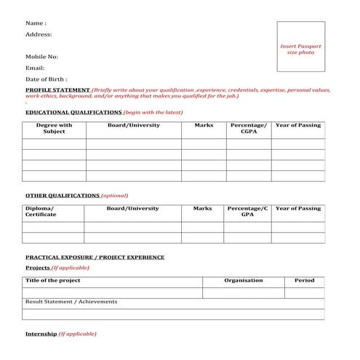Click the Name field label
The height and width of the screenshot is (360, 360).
36,23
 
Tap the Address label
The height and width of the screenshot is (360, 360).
39,34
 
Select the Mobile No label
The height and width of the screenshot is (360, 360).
41,56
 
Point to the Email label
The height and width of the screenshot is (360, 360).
35,68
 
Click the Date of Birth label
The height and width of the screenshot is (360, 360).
47,79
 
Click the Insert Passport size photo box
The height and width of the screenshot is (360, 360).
300,49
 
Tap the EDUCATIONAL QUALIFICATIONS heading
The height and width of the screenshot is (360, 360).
73,113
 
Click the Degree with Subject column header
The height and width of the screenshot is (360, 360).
54,129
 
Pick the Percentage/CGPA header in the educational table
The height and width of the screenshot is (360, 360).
248,129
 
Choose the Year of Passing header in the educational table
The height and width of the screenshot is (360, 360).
297,125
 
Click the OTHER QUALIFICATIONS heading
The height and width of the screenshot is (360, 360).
63,196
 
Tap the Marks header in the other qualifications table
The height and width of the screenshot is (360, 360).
202,209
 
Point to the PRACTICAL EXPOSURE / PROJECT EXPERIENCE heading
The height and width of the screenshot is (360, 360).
95,257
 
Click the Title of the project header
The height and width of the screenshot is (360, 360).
53,281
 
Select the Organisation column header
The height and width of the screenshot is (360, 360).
243,281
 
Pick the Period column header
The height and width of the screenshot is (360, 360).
304,281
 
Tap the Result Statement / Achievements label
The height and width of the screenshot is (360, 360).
71,302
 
